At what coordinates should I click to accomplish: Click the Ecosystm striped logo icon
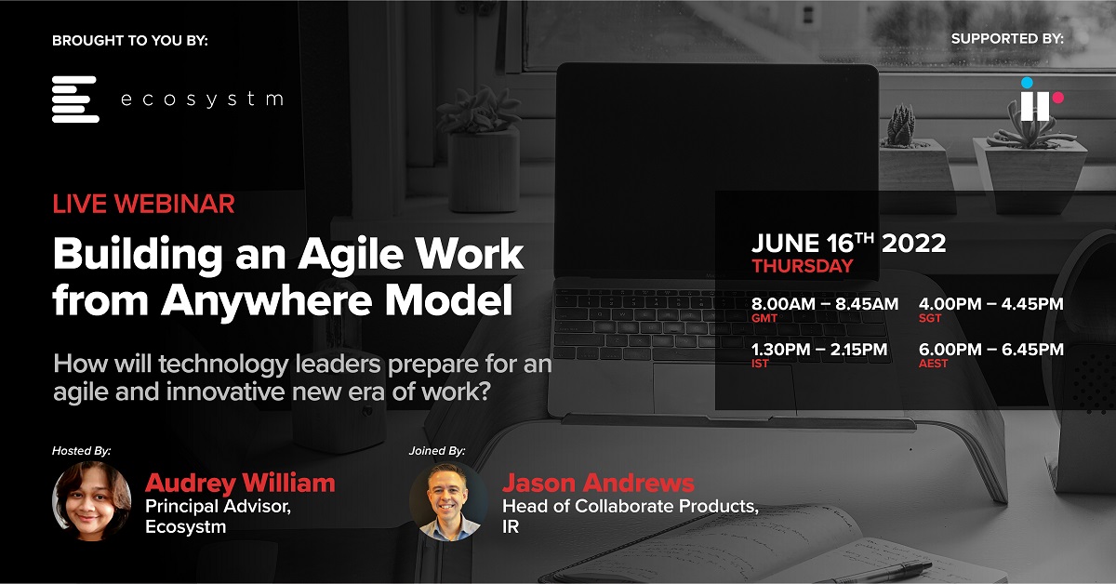pos(75,100)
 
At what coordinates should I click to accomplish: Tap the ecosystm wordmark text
pos(203,100)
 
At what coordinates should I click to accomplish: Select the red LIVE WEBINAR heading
pos(143,204)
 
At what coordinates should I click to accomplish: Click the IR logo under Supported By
pos(1042,100)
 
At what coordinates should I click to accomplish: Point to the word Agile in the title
pos(351,255)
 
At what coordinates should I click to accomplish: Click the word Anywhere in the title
pos(267,300)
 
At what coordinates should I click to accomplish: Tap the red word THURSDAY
pos(803,266)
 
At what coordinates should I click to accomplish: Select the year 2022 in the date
pos(913,244)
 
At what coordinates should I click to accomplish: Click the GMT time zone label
pos(764,318)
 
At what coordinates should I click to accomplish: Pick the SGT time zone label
pos(930,318)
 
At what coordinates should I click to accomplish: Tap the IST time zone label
pos(760,364)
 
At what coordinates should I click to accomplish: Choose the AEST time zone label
pos(933,364)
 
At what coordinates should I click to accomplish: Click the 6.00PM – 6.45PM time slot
pos(991,350)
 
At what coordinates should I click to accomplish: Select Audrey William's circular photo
pos(92,501)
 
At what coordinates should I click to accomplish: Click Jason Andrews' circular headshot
pos(448,501)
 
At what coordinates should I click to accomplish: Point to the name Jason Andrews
pos(598,483)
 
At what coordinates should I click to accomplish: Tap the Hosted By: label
pos(81,450)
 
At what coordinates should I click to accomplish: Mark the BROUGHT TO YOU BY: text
pos(130,40)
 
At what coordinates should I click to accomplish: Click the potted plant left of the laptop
pos(481,150)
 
